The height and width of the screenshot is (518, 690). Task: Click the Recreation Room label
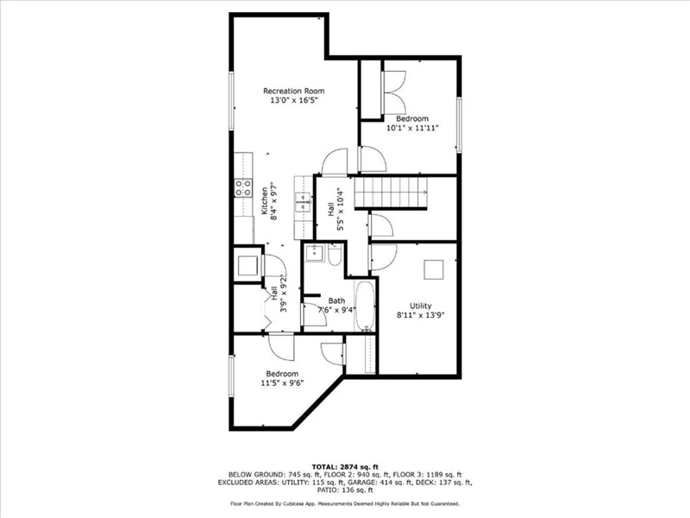293,91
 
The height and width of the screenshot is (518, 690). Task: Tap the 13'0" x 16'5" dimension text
293,100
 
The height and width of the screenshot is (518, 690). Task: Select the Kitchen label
265,201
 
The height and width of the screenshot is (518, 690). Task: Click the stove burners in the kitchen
243,187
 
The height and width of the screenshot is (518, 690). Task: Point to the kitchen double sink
304,203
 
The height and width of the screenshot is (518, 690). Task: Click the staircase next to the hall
392,192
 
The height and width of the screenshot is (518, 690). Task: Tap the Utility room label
421,306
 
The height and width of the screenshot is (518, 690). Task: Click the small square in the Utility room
434,269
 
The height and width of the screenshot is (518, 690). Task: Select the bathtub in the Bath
365,306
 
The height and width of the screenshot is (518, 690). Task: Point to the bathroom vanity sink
315,252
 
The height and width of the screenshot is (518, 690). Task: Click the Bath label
336,300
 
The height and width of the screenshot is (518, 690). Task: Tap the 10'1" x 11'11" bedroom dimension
412,128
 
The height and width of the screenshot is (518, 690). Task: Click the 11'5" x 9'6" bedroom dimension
282,382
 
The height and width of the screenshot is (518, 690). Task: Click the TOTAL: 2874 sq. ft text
345,467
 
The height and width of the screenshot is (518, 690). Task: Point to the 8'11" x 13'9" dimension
421,315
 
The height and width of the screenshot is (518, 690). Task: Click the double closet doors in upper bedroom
394,92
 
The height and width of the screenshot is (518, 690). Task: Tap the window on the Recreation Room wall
231,101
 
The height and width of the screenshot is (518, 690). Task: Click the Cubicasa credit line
345,503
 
